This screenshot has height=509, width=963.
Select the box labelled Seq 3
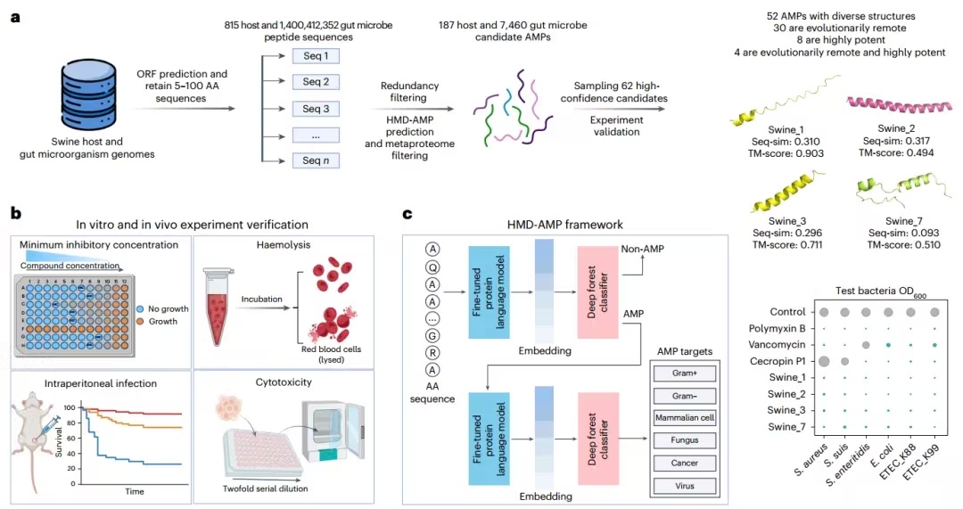point(317,109)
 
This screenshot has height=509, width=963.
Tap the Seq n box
point(317,161)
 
